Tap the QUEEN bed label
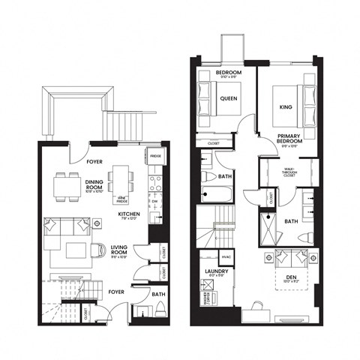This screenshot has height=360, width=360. click(229, 98)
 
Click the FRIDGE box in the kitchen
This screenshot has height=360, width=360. click(155, 156)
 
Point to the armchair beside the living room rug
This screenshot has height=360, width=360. click(100, 253)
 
